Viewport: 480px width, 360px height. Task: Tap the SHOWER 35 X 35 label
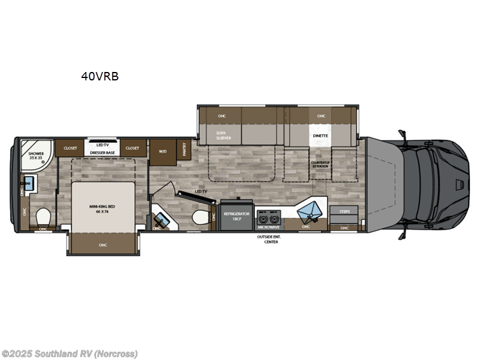36,157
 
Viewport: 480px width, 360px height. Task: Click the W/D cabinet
163,151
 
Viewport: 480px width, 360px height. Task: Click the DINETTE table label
320,136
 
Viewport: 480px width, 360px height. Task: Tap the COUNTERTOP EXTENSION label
320,164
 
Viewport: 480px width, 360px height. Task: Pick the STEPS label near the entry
344,211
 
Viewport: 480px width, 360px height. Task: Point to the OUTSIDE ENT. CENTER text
267,239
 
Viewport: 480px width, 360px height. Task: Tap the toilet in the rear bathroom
43,215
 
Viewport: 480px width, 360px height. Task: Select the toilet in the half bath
201,217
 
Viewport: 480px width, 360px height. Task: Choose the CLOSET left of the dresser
71,148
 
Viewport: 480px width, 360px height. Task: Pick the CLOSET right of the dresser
132,148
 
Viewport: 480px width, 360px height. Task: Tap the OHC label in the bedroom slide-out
103,244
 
